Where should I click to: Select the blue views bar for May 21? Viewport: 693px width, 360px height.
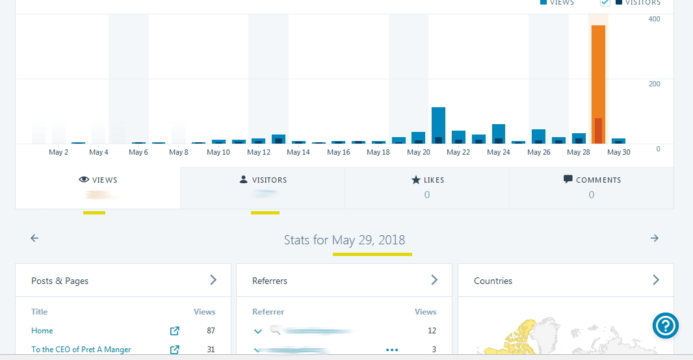coord(438,125)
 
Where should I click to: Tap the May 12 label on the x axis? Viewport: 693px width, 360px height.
coord(259,153)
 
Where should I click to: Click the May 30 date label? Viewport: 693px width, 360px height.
coord(618,153)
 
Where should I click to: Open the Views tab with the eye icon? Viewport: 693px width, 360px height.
coord(98,180)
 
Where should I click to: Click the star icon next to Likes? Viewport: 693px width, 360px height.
coord(416,180)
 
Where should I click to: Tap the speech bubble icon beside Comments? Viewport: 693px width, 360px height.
coord(568,179)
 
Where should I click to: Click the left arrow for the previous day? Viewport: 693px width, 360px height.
coord(34,238)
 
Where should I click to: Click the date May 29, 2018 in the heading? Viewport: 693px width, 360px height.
coord(372,240)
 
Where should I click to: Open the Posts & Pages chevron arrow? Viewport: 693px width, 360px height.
coord(213,280)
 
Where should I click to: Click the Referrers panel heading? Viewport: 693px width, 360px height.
coord(270,281)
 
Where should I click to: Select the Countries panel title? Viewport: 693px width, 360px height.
coord(493,281)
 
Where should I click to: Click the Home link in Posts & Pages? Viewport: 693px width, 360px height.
coord(42,331)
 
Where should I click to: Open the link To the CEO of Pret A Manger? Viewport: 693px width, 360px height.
coord(81,350)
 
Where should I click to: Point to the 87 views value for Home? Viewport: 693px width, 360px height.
coord(211,331)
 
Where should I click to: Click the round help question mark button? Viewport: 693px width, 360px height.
coord(666,326)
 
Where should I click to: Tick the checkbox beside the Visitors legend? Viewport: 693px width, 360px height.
coord(605,3)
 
